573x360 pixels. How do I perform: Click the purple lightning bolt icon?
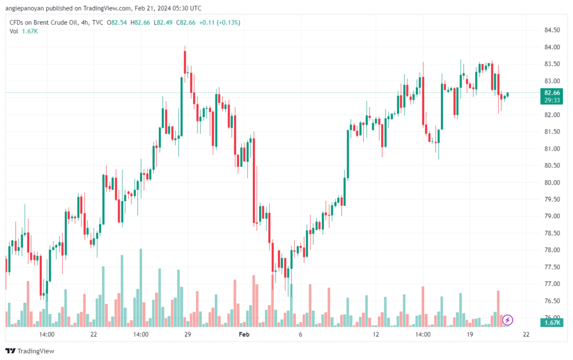click(507, 320)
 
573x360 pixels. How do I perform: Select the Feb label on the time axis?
click(244, 334)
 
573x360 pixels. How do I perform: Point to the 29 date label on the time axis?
click(187, 334)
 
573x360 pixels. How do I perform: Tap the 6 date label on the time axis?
click(300, 334)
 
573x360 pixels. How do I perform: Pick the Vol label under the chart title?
click(14, 31)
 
